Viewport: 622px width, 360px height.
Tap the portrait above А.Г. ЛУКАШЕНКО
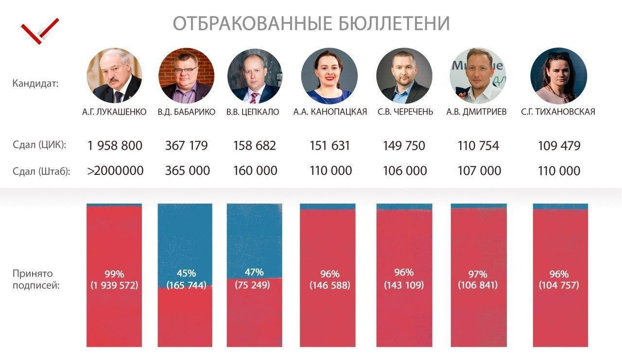tap(114, 75)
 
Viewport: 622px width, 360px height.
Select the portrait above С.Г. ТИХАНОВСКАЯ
tap(558, 75)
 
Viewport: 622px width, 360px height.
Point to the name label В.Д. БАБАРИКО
tap(186, 112)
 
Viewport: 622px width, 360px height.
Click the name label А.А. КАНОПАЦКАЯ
tap(330, 112)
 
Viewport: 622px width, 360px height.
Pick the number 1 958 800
tap(115, 145)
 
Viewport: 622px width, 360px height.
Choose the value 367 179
tap(187, 145)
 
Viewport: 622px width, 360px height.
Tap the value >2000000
tap(115, 171)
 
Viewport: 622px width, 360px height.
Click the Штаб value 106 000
tap(404, 171)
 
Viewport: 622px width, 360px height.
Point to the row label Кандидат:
tap(35, 83)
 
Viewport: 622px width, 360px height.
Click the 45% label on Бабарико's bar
tap(186, 273)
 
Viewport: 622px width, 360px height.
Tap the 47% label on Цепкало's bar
tap(254, 272)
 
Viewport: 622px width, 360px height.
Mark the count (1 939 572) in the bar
tap(114, 285)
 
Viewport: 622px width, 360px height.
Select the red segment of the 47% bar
tap(254, 316)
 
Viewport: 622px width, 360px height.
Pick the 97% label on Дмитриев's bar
tap(478, 273)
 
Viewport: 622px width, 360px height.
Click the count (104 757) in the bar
tap(559, 285)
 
